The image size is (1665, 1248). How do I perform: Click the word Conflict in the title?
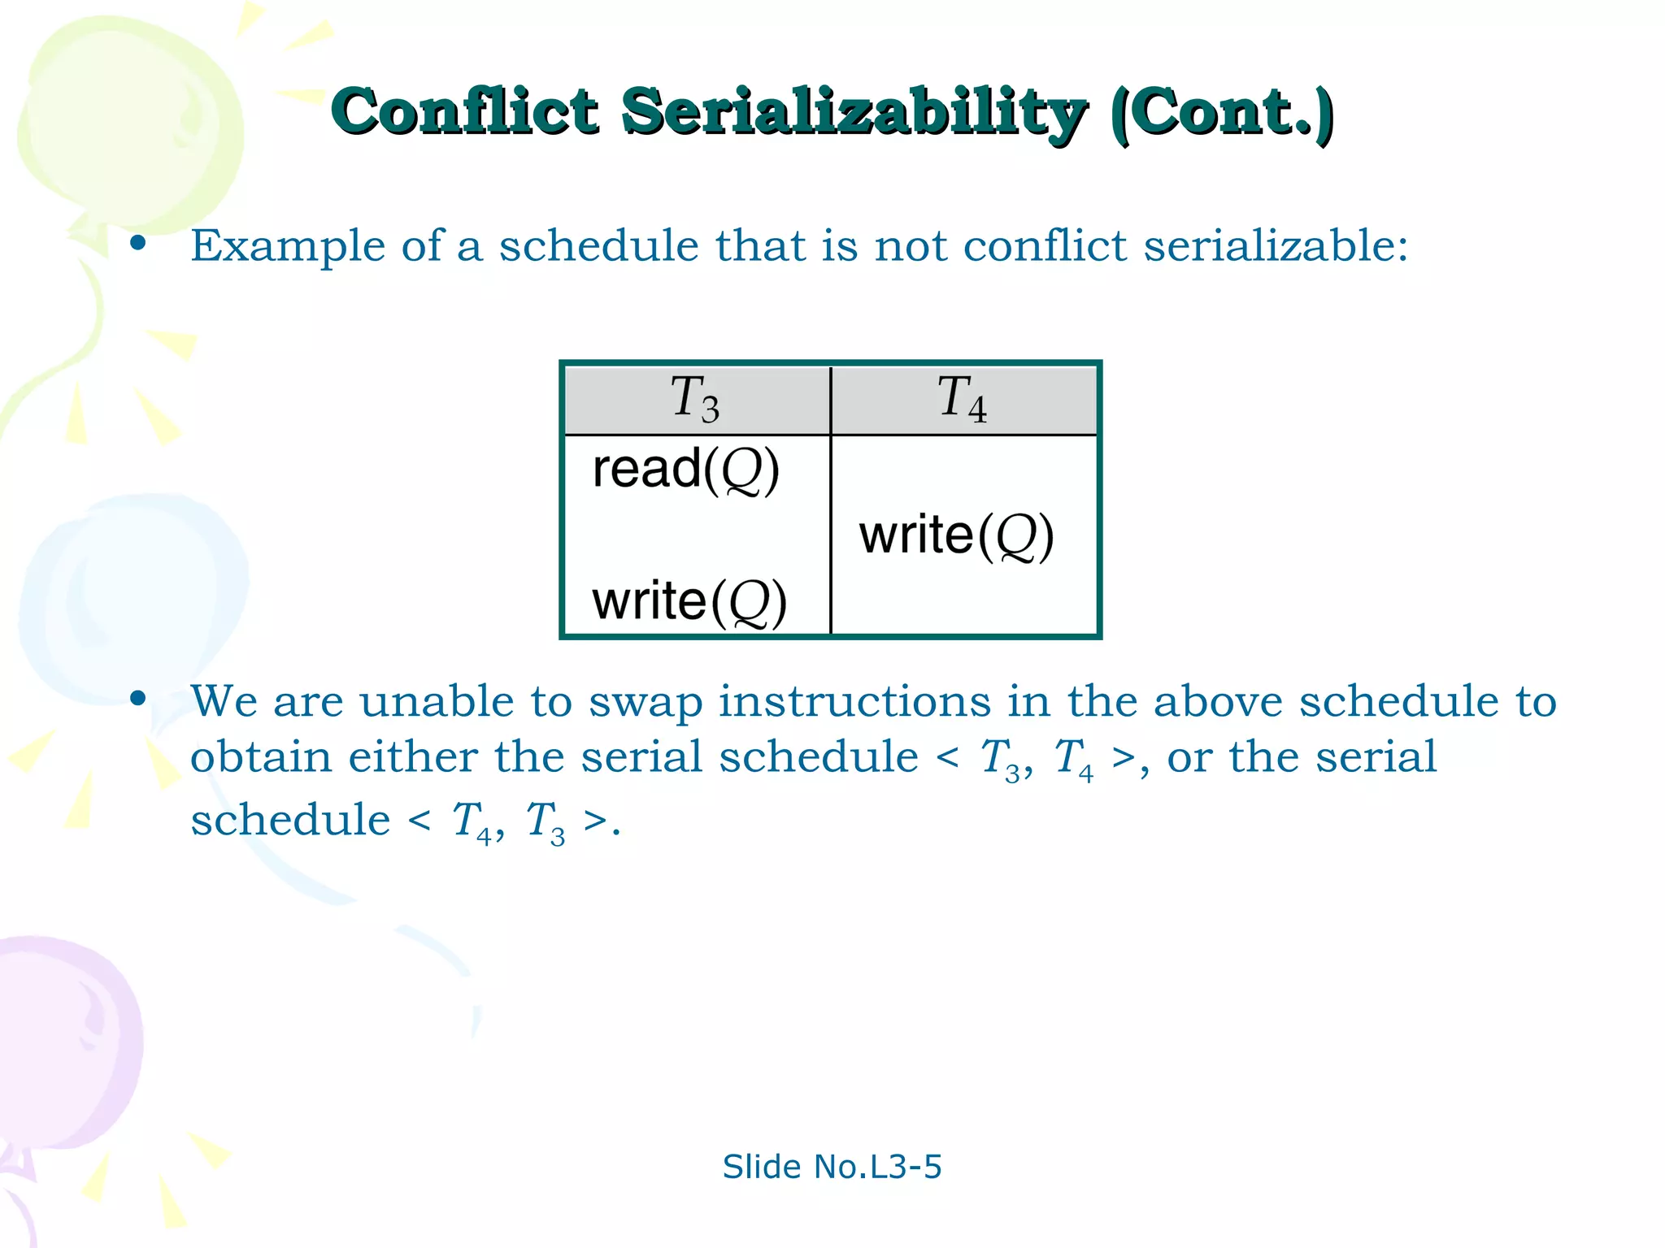pyautogui.click(x=464, y=111)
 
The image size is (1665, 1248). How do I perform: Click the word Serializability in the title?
pyautogui.click(x=854, y=113)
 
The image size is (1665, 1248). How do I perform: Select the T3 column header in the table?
pyautogui.click(x=696, y=399)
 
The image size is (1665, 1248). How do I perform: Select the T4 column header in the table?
pyautogui.click(x=963, y=399)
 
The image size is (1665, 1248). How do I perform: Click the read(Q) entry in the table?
pyautogui.click(x=686, y=470)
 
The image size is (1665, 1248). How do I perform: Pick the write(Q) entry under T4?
pyautogui.click(x=956, y=536)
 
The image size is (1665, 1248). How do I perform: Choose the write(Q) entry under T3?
pyautogui.click(x=689, y=602)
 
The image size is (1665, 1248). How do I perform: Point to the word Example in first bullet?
pyautogui.click(x=288, y=245)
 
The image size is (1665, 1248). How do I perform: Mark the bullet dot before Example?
pyautogui.click(x=138, y=243)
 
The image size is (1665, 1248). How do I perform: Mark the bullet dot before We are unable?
pyautogui.click(x=138, y=698)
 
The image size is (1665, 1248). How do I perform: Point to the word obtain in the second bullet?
pyautogui.click(x=261, y=757)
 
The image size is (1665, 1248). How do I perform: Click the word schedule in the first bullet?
pyautogui.click(x=598, y=245)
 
